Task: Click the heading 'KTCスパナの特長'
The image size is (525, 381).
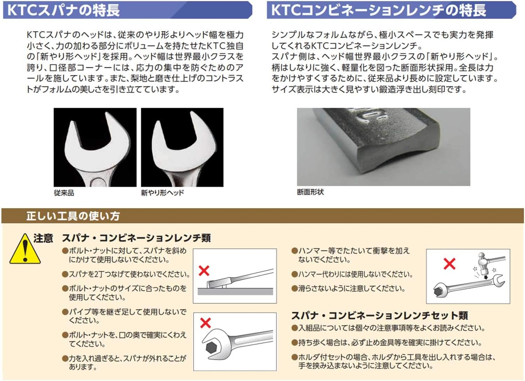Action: [x=63, y=10]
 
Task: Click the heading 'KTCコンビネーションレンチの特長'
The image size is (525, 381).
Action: [x=378, y=10]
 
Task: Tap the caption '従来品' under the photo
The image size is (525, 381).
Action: [x=64, y=193]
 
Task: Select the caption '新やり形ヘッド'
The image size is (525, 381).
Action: [x=162, y=193]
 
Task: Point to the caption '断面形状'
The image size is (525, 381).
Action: [x=310, y=192]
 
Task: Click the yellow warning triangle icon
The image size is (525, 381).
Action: [x=25, y=250]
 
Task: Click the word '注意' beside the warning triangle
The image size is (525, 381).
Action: [x=43, y=238]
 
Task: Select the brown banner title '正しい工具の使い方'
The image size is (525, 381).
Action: [x=73, y=216]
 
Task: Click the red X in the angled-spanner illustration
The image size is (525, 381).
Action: [x=204, y=270]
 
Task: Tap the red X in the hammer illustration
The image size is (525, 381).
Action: [x=449, y=264]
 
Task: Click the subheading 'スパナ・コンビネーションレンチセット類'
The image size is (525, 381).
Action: [x=379, y=315]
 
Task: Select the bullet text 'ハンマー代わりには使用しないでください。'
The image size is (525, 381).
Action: [x=355, y=274]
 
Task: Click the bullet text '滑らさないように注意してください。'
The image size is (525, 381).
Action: [x=351, y=289]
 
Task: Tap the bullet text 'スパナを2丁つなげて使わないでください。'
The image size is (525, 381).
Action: [x=129, y=274]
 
